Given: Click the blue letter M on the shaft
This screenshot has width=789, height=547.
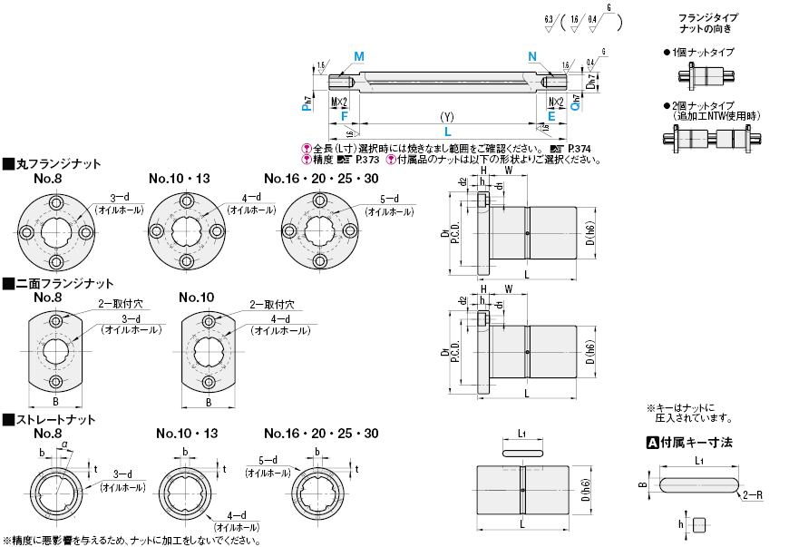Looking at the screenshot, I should pyautogui.click(x=359, y=56).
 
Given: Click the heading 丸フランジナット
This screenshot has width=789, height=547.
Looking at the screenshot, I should pyautogui.click(x=57, y=164).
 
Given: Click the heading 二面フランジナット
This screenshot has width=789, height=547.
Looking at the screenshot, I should pyautogui.click(x=63, y=283).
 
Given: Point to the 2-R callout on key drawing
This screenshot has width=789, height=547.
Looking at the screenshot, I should pyautogui.click(x=752, y=496).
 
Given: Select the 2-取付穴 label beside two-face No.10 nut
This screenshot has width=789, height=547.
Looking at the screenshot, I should pyautogui.click(x=271, y=305).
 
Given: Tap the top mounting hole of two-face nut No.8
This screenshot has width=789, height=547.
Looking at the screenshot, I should pyautogui.click(x=57, y=322).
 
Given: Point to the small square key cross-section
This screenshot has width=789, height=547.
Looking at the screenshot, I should pyautogui.click(x=698, y=524).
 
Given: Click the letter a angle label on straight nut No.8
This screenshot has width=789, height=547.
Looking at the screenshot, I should pyautogui.click(x=63, y=442).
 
